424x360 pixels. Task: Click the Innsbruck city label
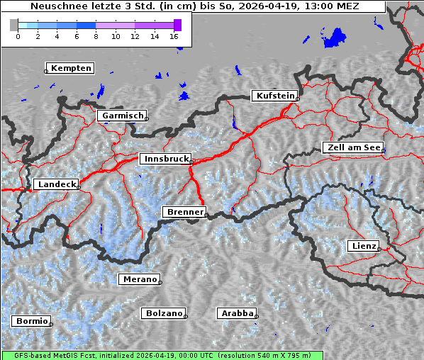click(x=164, y=159)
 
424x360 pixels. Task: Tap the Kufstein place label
click(x=274, y=96)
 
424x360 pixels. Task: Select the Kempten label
click(x=70, y=68)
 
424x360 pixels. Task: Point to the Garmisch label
click(x=122, y=116)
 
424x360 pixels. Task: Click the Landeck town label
click(x=55, y=184)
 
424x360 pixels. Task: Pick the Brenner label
click(x=184, y=212)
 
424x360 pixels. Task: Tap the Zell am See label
click(x=352, y=147)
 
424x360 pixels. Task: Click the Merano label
click(x=139, y=279)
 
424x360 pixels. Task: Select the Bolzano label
click(x=164, y=313)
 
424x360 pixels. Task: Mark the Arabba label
click(x=236, y=313)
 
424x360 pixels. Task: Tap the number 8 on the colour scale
click(x=96, y=35)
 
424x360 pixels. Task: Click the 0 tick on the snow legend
click(x=18, y=35)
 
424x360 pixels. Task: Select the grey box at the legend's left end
click(x=14, y=25)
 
